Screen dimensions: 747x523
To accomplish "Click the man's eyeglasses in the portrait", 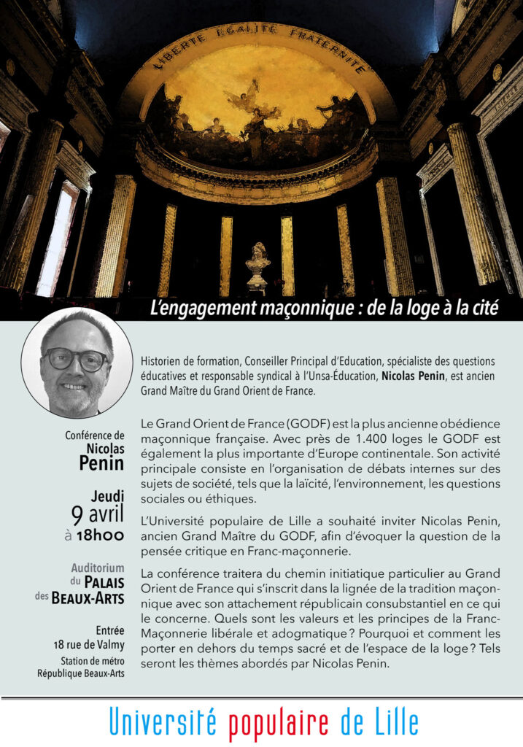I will [74, 359].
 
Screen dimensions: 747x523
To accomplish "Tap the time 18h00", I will [100, 535].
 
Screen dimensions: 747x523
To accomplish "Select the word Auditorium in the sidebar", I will [98, 568].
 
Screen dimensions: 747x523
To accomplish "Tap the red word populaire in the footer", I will [280, 723].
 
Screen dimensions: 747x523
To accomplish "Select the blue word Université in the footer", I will [163, 723].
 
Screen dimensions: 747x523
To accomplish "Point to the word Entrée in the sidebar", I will [109, 630].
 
